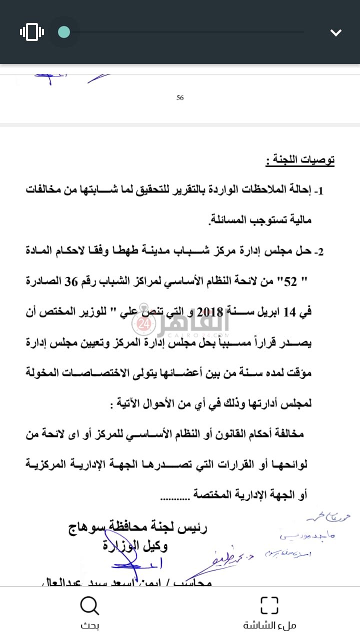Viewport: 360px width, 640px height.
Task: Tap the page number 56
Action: (x=180, y=98)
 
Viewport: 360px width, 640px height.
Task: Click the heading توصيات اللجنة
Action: (x=300, y=160)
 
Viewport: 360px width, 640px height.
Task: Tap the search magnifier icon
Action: (x=90, y=606)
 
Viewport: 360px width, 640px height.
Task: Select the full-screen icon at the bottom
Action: (x=269, y=605)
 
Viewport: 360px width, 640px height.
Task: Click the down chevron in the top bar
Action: (x=336, y=33)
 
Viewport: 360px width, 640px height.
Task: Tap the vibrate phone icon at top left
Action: (x=32, y=32)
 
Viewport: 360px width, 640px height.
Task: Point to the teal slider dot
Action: (x=64, y=32)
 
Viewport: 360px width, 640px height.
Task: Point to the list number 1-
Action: (x=318, y=190)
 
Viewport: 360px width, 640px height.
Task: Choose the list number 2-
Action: (x=318, y=251)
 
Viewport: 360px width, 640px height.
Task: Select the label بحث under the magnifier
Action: (x=90, y=625)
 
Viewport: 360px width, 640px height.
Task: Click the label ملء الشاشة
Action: (x=269, y=625)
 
